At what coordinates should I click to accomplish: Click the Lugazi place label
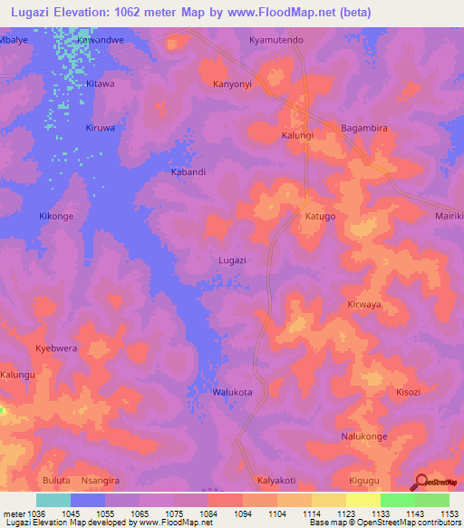(x=233, y=260)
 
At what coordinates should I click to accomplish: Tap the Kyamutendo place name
(x=276, y=41)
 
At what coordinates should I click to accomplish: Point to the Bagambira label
(x=364, y=129)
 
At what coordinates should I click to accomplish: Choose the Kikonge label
(x=56, y=217)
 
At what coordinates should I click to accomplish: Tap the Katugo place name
(x=320, y=217)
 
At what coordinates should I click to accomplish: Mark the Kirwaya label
(x=364, y=305)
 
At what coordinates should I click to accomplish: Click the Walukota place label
(x=232, y=392)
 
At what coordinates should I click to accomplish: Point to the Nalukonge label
(x=364, y=436)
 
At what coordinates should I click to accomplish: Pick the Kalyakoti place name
(x=276, y=480)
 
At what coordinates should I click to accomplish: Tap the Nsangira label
(x=100, y=480)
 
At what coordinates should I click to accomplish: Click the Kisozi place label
(x=408, y=392)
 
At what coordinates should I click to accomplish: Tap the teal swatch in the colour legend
(x=53, y=500)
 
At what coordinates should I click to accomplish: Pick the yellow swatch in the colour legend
(x=362, y=500)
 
